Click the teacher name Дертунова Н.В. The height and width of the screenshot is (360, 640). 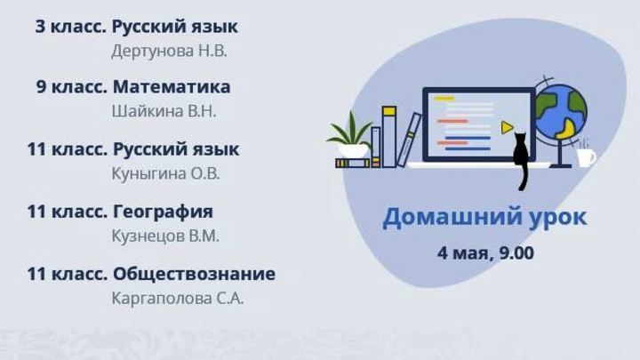click(x=169, y=51)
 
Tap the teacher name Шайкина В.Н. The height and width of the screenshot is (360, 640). click(x=164, y=111)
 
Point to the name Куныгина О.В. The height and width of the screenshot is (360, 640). click(x=165, y=173)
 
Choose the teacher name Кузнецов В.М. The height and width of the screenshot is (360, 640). click(x=165, y=236)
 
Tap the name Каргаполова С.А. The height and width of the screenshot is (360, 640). click(x=178, y=298)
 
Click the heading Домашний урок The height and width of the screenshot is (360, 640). click(x=484, y=218)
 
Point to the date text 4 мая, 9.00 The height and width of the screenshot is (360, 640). click(x=485, y=252)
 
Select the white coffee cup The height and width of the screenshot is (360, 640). click(x=587, y=157)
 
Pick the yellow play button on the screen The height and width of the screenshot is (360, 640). click(x=506, y=127)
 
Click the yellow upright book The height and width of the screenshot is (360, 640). click(x=388, y=135)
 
